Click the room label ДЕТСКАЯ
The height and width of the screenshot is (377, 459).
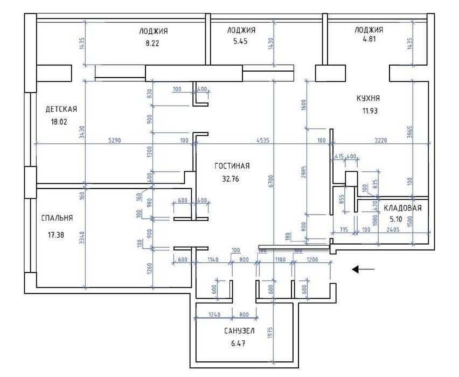tap(61, 109)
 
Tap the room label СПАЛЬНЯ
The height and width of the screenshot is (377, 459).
tap(57, 218)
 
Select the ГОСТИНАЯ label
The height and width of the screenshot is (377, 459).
tap(232, 166)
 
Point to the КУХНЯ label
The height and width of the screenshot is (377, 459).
tap(368, 98)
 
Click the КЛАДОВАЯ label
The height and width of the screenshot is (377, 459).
tap(402, 208)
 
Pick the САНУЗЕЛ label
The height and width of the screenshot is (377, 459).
tap(239, 331)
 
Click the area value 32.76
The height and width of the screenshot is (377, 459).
tap(231, 179)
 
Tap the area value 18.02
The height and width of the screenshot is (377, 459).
tap(59, 122)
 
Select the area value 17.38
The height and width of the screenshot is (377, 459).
tap(56, 234)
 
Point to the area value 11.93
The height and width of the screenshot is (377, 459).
tap(370, 111)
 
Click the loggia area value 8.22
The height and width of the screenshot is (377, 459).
tap(152, 43)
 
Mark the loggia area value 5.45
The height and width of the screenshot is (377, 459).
tap(240, 41)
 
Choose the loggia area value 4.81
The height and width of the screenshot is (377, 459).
tap(369, 39)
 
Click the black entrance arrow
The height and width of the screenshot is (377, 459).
tap(363, 269)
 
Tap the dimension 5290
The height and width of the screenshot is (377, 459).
tap(114, 141)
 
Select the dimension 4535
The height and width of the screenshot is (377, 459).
tap(263, 141)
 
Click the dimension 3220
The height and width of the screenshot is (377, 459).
tap(381, 141)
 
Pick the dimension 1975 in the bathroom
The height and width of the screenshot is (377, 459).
tap(270, 333)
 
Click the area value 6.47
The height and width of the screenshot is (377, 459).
tap(238, 344)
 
